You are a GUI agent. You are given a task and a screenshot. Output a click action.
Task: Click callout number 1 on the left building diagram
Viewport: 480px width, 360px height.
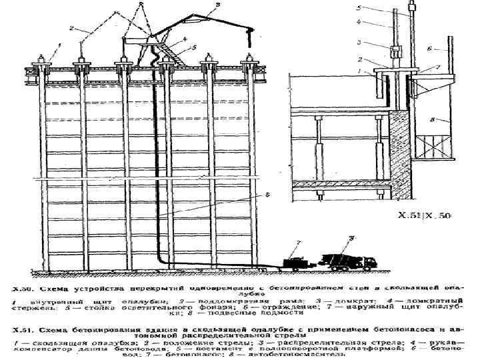(x=58, y=45)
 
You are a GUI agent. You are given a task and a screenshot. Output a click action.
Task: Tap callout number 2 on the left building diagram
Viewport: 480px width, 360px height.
(x=72, y=29)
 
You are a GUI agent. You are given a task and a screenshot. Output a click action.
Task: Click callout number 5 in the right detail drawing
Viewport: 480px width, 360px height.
(x=359, y=8)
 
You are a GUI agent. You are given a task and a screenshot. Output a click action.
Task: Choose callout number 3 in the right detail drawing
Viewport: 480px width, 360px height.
(x=360, y=42)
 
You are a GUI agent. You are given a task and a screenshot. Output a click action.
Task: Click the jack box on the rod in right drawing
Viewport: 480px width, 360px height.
(x=394, y=51)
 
